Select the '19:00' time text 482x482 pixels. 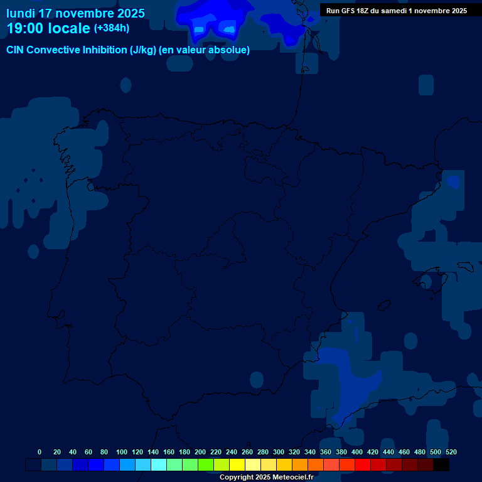click(x=26, y=28)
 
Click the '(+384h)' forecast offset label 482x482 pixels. click(x=112, y=28)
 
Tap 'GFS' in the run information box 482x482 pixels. click(x=352, y=11)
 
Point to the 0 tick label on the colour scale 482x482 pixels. click(x=40, y=452)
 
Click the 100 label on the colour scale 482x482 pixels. click(x=122, y=452)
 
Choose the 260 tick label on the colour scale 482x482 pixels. click(x=247, y=452)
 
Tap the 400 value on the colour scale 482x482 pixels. click(x=357, y=452)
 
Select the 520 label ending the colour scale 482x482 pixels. click(x=451, y=452)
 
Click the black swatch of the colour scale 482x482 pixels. click(x=441, y=465)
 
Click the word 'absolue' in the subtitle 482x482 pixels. click(x=229, y=50)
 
